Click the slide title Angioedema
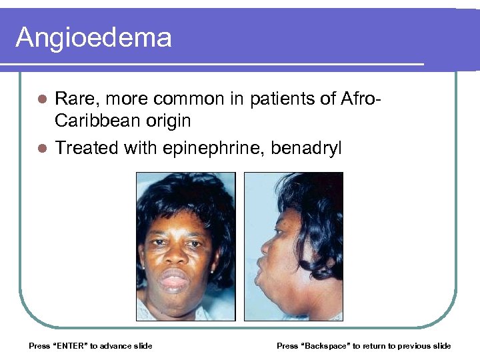[x=93, y=37]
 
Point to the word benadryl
[x=306, y=147]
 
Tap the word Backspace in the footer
[x=327, y=346]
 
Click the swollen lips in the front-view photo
[x=175, y=281]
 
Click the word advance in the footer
[x=115, y=346]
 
